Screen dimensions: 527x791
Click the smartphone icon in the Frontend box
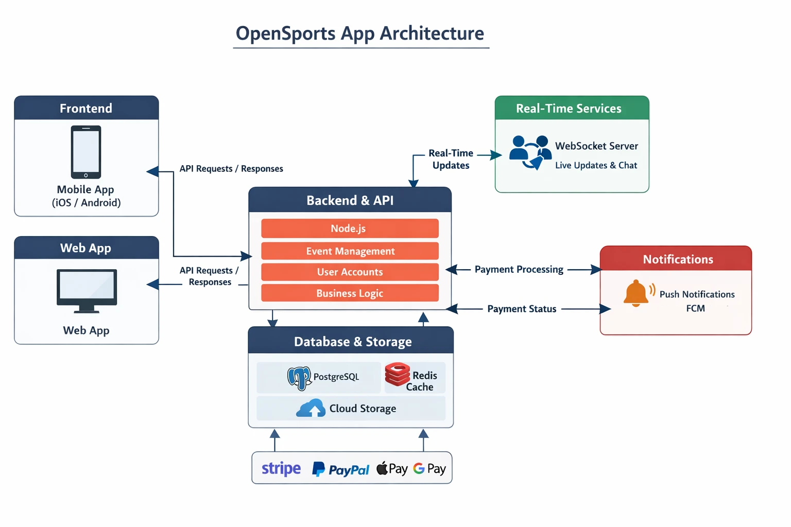click(x=86, y=152)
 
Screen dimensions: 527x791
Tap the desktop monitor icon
click(x=87, y=290)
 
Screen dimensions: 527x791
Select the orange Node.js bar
click(x=350, y=229)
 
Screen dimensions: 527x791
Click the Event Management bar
click(x=350, y=251)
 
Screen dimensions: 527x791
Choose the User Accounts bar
click(x=350, y=272)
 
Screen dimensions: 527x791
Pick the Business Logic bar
click(x=350, y=293)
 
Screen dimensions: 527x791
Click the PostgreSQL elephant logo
click(x=299, y=378)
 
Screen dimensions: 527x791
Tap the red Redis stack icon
click(x=398, y=375)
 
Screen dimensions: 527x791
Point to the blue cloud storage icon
click(x=311, y=408)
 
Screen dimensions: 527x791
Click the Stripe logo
click(x=281, y=469)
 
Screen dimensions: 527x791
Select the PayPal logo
click(x=341, y=469)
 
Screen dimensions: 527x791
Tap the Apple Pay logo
click(x=392, y=469)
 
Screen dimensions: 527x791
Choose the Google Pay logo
click(x=429, y=469)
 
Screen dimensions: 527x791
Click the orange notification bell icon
click(x=637, y=293)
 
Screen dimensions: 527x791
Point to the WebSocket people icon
click(x=530, y=152)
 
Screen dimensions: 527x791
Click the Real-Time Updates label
click(x=451, y=159)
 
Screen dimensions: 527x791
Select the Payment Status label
click(x=522, y=309)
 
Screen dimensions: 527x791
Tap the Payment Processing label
click(x=519, y=269)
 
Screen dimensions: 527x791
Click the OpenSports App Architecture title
click(x=360, y=33)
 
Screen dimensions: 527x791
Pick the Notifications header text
click(x=678, y=259)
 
